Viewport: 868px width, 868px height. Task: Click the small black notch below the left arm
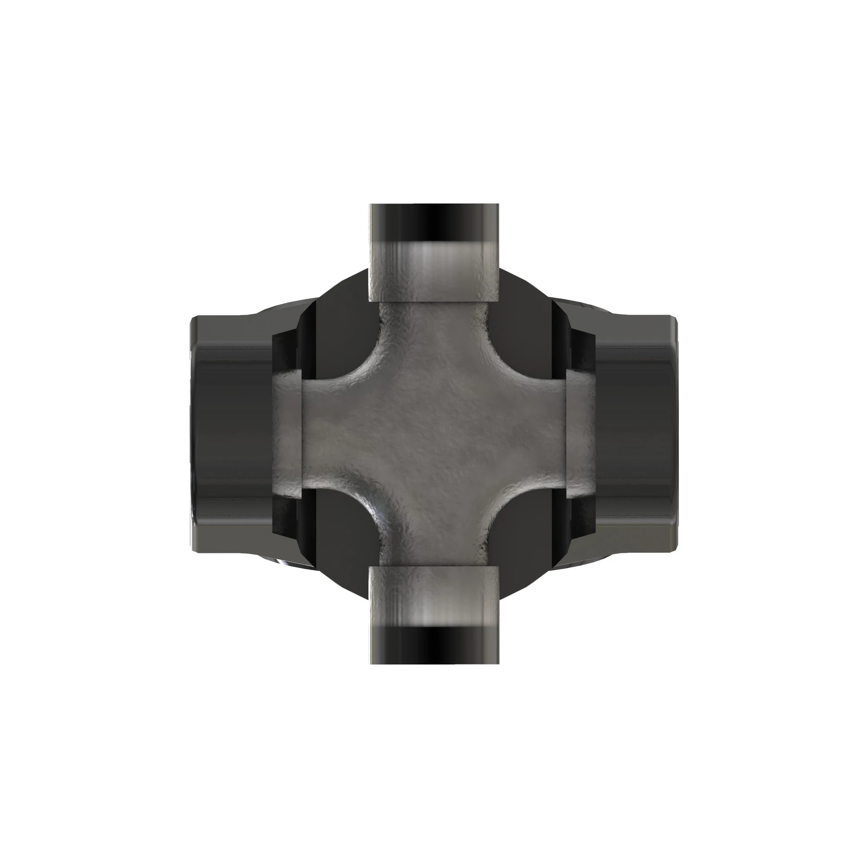point(286,516)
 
